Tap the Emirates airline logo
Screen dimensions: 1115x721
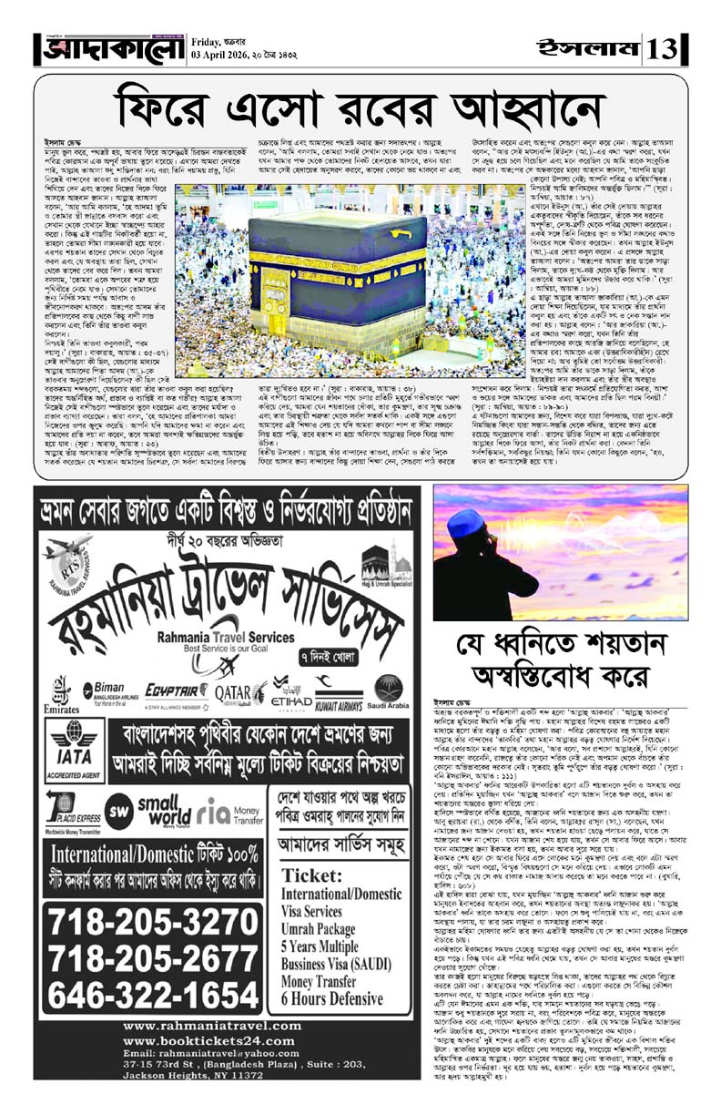[62, 690]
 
